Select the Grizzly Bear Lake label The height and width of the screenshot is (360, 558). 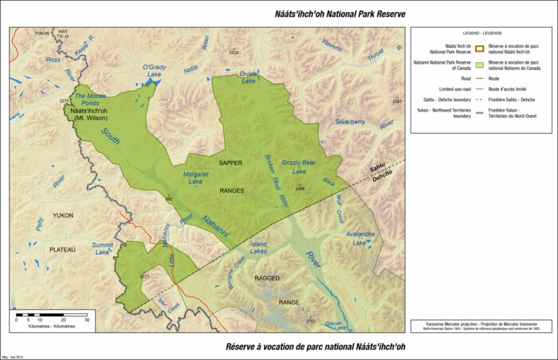point(299,166)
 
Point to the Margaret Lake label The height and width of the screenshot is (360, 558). point(196,178)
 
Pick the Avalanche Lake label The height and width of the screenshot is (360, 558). point(360,238)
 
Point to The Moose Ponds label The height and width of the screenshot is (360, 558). point(89,99)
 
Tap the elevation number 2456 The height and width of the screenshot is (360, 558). point(300,188)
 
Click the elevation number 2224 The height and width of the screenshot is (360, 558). point(234,53)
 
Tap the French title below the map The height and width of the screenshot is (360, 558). point(305,347)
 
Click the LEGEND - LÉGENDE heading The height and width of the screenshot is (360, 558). point(482,33)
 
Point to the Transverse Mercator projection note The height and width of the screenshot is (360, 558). point(481,323)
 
